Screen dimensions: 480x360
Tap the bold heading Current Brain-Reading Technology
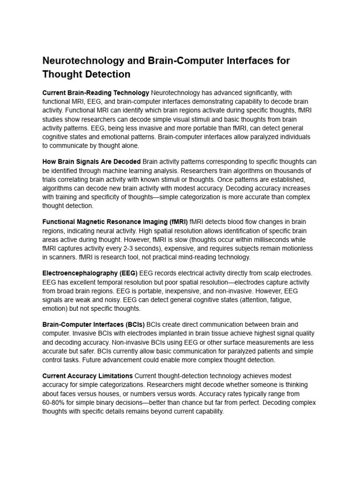coord(96,93)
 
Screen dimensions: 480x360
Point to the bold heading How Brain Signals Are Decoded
coord(91,162)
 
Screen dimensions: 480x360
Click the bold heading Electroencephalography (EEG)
coord(89,273)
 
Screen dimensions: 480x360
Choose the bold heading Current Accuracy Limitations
coord(87,376)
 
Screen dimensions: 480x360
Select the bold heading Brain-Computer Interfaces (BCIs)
coord(93,324)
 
